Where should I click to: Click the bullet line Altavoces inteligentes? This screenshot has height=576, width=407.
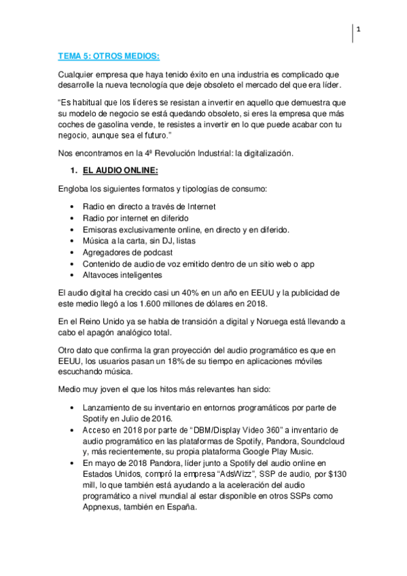pyautogui.click(x=122, y=275)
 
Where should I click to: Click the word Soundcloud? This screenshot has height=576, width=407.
pyautogui.click(x=319, y=440)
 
